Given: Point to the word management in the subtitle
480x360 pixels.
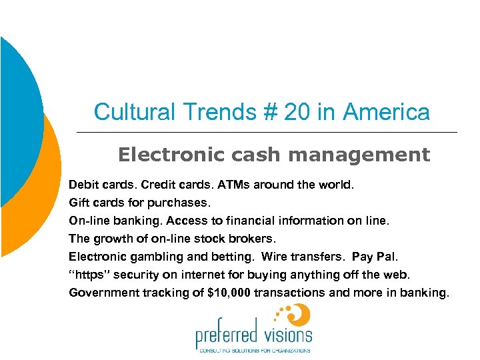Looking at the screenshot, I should tap(359, 155).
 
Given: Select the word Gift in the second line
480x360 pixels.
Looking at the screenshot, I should tap(78, 202).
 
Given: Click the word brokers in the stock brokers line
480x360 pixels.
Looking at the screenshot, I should tap(253, 238).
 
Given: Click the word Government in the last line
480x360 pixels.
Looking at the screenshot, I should tap(99, 292).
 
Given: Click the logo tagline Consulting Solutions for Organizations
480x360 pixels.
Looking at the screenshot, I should tap(253, 350).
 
